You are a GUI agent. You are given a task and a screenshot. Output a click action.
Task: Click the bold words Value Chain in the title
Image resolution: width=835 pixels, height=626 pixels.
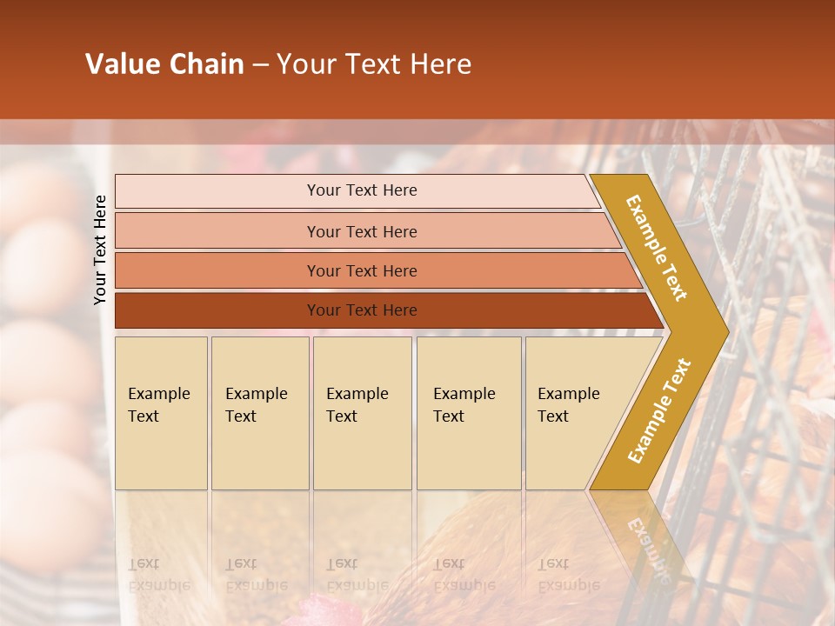point(164,64)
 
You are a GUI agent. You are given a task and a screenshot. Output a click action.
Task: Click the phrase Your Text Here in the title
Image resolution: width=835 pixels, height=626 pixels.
point(374,64)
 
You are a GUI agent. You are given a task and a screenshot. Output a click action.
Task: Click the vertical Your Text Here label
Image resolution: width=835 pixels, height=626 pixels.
point(100,250)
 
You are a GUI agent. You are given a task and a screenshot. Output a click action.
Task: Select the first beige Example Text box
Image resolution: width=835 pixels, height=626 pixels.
point(161,413)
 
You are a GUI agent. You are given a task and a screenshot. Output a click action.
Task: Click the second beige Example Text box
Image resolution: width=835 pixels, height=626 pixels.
point(260,413)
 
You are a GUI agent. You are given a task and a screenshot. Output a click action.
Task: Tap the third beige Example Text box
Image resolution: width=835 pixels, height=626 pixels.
point(362,413)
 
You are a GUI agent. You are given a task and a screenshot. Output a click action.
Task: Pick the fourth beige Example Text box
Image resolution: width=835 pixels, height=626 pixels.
point(469,413)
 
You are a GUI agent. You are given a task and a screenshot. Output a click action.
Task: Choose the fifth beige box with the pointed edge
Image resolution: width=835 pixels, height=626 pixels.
point(574,413)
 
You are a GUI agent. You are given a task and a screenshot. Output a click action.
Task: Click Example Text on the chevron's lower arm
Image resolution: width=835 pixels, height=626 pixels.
point(659,410)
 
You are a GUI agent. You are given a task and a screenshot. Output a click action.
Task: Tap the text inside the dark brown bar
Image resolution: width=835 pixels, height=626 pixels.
point(362,310)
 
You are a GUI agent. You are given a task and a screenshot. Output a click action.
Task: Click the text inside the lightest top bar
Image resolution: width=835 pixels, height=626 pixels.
point(362,190)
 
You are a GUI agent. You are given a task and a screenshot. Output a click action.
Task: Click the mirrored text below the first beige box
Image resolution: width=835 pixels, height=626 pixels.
point(158,574)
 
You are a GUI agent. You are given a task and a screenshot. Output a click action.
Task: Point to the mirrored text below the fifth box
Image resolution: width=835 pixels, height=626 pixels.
point(568,574)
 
